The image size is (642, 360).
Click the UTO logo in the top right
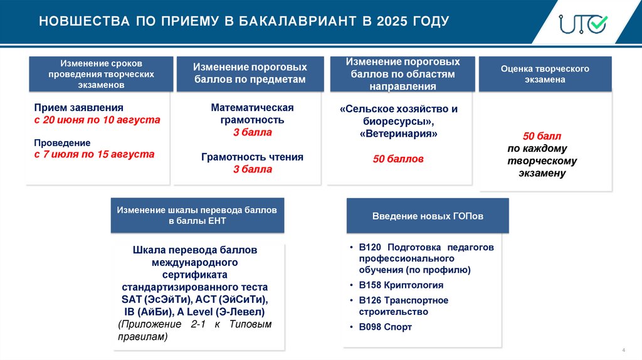point(582,23)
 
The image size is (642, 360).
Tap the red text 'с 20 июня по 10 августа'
point(97,119)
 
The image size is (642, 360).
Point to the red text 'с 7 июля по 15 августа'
point(94,154)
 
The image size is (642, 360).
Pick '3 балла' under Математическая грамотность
point(252,132)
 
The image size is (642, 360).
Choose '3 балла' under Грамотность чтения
point(252,169)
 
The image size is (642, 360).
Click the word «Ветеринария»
point(398,134)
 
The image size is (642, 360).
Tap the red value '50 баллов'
point(398,159)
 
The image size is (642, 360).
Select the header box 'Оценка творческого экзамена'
point(545,74)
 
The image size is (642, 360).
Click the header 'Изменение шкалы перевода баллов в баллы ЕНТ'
point(197,215)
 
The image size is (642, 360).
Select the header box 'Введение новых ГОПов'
point(428,216)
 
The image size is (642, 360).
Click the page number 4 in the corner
point(623,349)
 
